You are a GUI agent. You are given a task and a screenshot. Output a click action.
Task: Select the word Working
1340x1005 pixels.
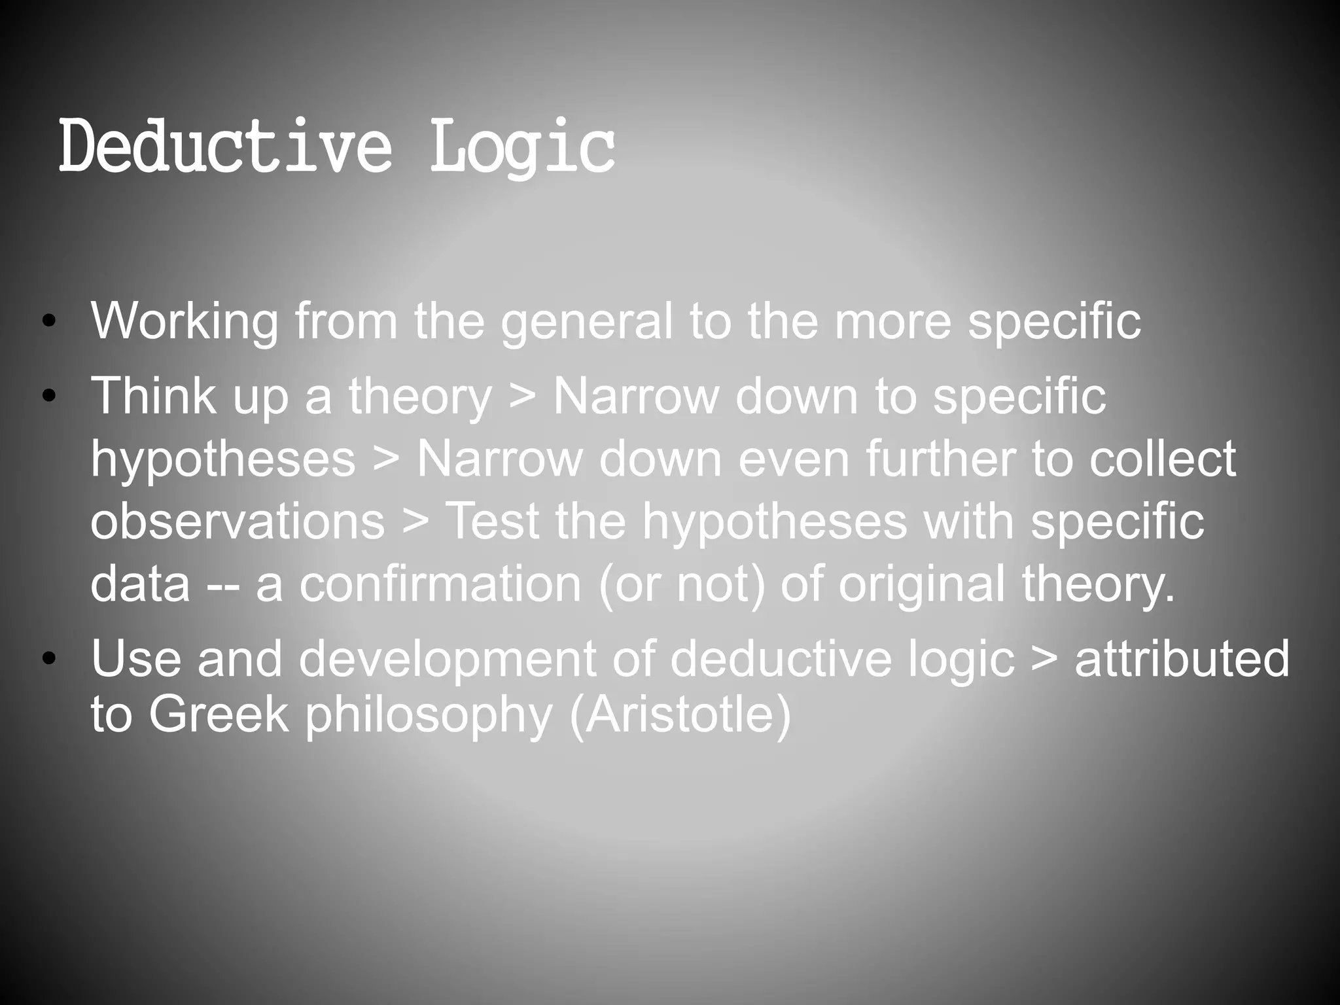coord(185,322)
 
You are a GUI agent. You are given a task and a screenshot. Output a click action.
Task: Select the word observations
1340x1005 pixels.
coord(238,521)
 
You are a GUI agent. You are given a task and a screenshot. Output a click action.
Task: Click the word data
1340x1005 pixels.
coord(140,584)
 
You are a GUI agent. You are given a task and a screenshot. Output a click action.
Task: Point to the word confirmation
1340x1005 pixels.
coord(440,584)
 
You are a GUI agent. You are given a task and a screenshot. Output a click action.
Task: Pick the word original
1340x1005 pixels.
coord(921,584)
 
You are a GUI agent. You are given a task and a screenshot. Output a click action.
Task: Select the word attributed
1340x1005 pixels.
coord(1182,659)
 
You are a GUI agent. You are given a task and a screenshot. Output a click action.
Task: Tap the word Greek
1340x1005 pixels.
coord(219,714)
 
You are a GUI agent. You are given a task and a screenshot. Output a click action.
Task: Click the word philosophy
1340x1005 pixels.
coord(429,716)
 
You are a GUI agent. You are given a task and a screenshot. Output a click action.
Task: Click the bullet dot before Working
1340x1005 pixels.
coord(48,323)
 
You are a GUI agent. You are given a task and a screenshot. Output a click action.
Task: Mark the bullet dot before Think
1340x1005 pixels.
coord(48,397)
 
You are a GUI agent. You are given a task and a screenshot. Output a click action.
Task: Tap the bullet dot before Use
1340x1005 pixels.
coord(48,660)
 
